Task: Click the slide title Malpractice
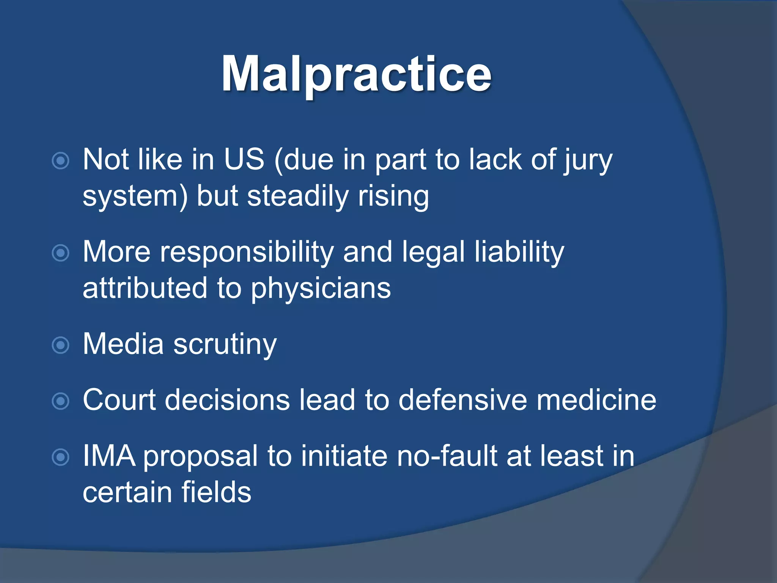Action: pyautogui.click(x=356, y=74)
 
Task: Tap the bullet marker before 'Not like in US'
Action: pyautogui.click(x=60, y=161)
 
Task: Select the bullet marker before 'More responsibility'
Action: pyautogui.click(x=60, y=253)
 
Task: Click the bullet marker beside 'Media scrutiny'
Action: pyautogui.click(x=60, y=345)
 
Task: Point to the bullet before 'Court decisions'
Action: pyautogui.click(x=60, y=401)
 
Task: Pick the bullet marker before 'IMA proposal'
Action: pyautogui.click(x=60, y=457)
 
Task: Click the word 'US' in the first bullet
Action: pyautogui.click(x=244, y=159)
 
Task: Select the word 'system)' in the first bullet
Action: pyautogui.click(x=135, y=197)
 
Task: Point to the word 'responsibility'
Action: pyautogui.click(x=247, y=252)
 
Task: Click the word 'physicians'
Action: pyautogui.click(x=321, y=288)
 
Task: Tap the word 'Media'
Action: pyautogui.click(x=123, y=344)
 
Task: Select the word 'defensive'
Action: pyautogui.click(x=462, y=400)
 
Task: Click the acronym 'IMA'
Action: pyautogui.click(x=109, y=456)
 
